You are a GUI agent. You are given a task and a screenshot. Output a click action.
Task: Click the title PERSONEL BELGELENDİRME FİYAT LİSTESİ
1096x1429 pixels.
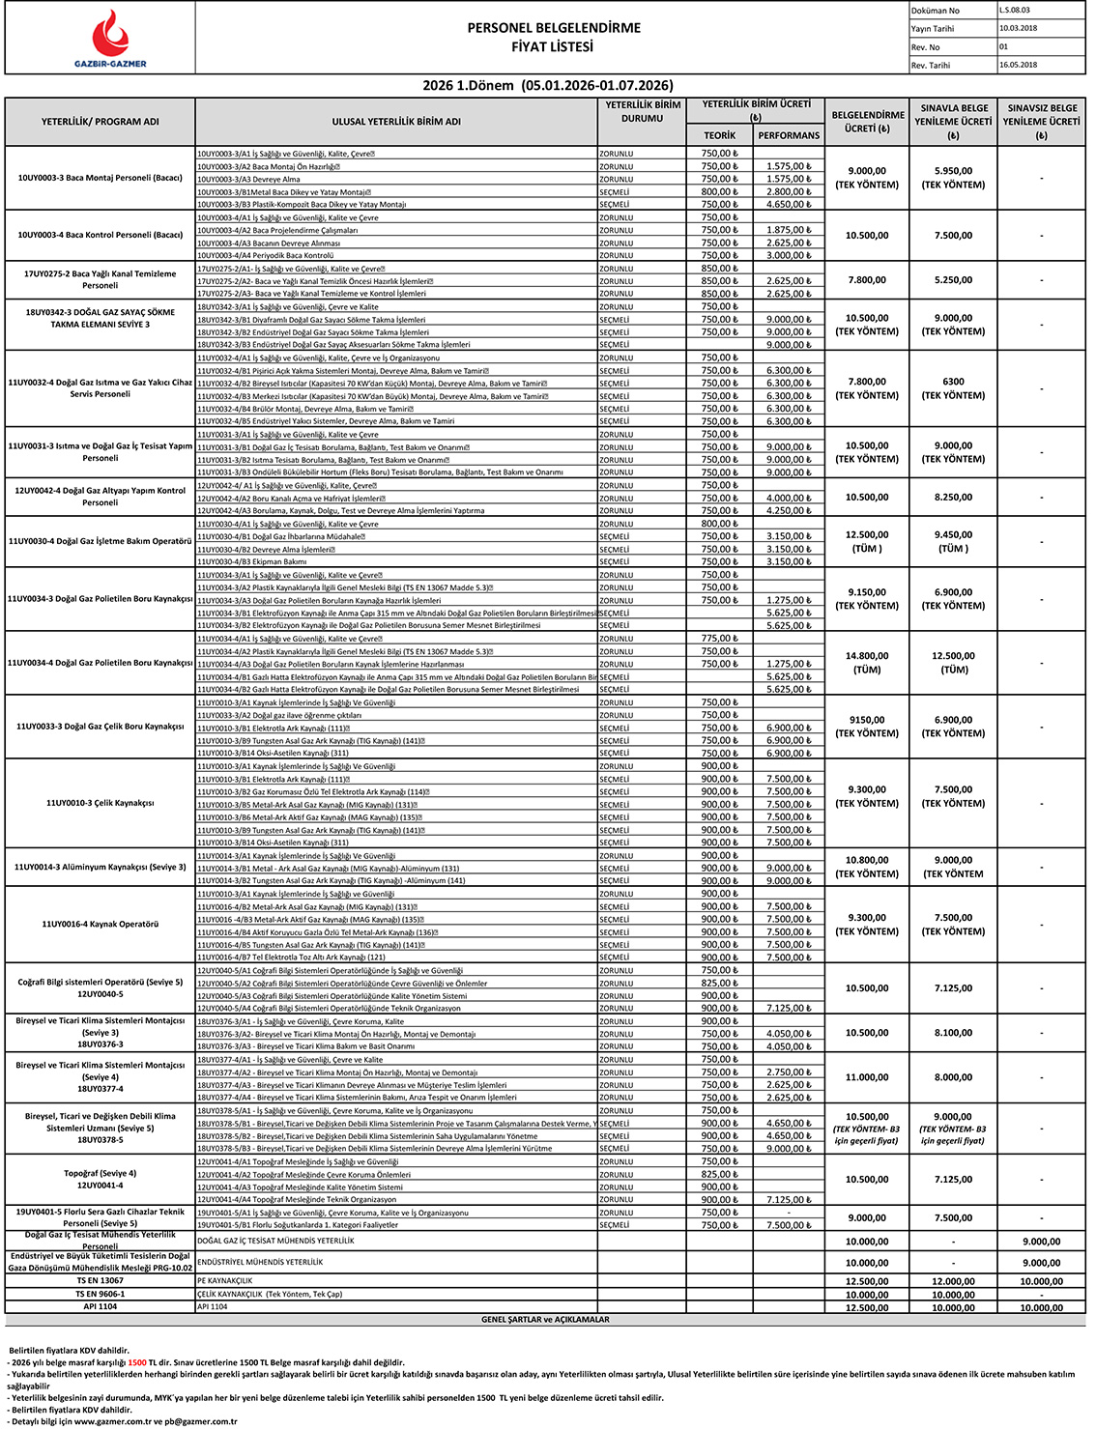coord(553,37)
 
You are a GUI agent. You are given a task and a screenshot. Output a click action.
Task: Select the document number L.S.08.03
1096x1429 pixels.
coord(1016,11)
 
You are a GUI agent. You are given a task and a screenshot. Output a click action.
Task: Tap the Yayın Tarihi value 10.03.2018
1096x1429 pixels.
coord(1019,28)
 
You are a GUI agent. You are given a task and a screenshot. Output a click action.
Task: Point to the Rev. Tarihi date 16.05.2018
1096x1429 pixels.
coord(1019,65)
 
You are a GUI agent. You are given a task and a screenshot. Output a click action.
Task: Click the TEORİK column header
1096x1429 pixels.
coord(719,135)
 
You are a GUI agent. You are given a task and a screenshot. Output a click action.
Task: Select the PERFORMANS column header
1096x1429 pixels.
coord(789,135)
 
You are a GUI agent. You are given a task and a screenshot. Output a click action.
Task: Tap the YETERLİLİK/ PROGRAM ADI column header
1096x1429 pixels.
coord(101,122)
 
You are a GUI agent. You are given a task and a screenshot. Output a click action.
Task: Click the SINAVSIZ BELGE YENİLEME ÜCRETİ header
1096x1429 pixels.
coord(1041,122)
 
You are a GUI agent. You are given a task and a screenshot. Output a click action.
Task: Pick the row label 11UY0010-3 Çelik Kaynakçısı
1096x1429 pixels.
coord(101,803)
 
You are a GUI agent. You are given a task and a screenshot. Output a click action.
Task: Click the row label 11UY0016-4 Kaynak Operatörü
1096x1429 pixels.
coord(101,925)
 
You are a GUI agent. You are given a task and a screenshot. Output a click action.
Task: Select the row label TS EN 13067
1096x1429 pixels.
coord(101,1281)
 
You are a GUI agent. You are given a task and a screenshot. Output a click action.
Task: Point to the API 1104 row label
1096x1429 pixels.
coord(101,1306)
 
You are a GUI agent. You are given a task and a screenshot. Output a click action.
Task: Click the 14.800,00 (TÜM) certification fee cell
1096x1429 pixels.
coord(867,663)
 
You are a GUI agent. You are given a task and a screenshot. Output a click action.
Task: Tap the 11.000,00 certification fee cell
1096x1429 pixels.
coord(867,1077)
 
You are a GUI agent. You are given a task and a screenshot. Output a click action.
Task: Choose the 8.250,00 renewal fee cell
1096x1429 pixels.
coord(953,498)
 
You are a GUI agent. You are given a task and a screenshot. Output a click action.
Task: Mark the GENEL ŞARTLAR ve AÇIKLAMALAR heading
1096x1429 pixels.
coord(545,1319)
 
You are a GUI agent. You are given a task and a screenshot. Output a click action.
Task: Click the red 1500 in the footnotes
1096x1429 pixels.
coord(136,1362)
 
